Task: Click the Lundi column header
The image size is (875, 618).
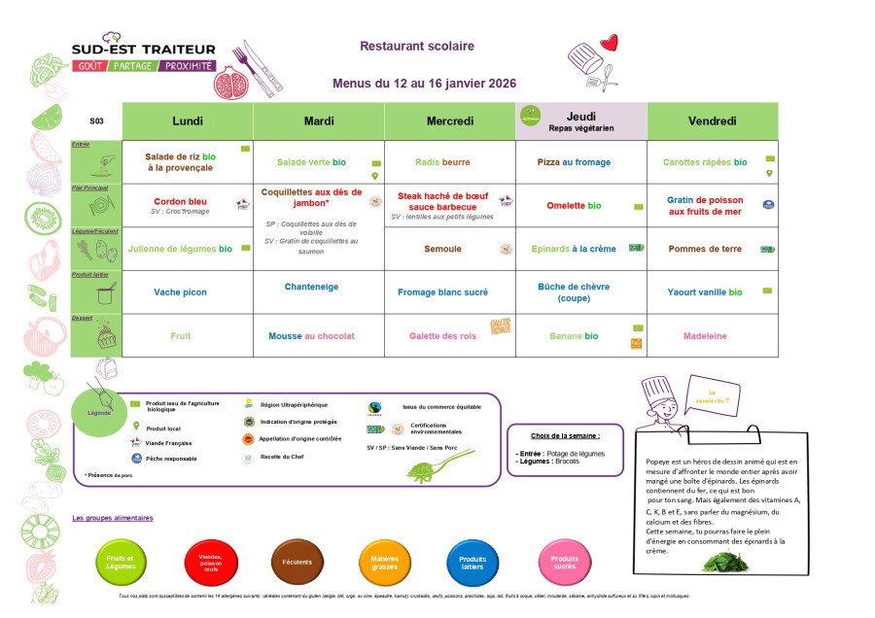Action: point(188,120)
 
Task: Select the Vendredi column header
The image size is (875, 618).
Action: point(712,120)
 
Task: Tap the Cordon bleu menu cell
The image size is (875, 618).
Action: point(180,201)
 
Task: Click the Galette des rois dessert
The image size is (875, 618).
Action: point(448,336)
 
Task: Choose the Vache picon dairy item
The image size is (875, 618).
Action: point(180,292)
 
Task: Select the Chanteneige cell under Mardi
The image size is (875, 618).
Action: point(311,287)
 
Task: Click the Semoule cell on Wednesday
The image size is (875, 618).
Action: point(442,249)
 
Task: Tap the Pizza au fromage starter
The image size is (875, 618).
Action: point(573,162)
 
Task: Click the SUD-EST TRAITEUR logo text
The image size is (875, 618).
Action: point(144,49)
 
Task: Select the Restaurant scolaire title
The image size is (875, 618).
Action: point(417,46)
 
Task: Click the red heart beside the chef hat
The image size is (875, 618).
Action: point(609,43)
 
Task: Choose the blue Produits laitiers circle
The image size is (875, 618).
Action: point(472,563)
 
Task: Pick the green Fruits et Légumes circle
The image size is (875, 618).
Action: point(122,563)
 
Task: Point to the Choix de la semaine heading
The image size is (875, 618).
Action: point(565,436)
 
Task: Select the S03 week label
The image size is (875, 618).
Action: point(96,121)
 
